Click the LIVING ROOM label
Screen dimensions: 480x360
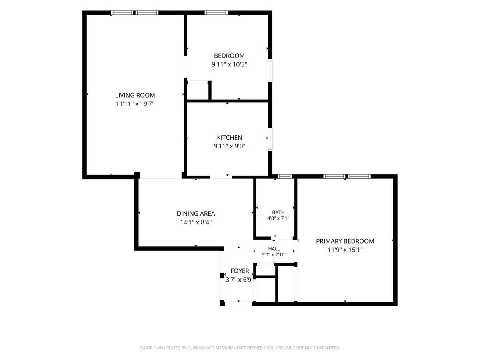point(135,95)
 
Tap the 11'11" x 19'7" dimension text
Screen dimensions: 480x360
point(135,104)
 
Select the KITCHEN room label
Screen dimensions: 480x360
point(229,138)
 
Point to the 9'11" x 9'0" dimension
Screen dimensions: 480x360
point(229,146)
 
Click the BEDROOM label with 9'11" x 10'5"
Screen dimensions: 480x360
point(229,56)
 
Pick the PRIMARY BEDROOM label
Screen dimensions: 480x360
point(345,241)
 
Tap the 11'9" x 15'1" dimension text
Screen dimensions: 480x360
point(345,250)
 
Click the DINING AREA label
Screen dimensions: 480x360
point(196,214)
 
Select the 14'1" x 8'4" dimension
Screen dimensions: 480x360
point(196,222)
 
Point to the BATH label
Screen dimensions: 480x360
point(278,212)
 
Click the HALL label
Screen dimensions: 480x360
point(274,249)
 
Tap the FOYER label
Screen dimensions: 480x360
point(240,271)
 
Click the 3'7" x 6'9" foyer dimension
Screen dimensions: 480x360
point(240,280)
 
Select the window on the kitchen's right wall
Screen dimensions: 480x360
point(270,140)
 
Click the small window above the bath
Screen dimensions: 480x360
point(285,176)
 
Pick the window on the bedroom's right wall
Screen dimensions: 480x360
point(270,71)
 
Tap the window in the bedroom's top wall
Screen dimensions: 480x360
point(216,13)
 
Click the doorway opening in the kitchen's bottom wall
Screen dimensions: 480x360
point(221,177)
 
